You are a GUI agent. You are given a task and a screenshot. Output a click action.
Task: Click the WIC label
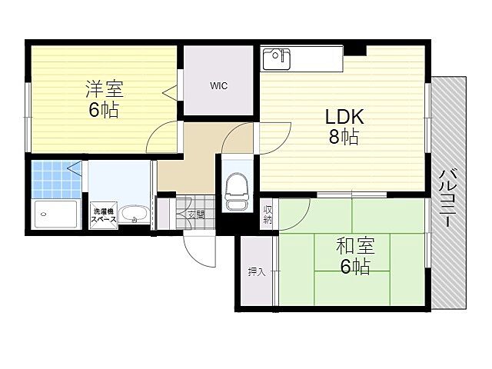(218, 86)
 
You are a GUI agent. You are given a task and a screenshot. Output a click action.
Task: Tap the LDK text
(344, 118)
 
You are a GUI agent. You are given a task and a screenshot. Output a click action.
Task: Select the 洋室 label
(104, 88)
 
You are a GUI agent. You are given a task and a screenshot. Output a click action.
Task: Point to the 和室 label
(355, 247)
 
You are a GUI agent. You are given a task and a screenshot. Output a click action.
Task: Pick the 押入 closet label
(256, 271)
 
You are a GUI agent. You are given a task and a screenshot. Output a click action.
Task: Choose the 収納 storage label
(268, 214)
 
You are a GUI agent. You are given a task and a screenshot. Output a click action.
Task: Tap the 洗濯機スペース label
(104, 215)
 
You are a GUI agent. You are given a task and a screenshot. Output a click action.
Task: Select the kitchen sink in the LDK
(278, 58)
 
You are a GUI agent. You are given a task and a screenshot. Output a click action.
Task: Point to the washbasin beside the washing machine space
(136, 214)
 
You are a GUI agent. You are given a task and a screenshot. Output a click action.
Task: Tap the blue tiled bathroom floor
(55, 178)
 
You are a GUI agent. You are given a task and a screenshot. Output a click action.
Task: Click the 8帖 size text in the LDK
(344, 138)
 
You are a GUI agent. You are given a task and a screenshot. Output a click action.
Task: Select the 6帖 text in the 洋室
(103, 110)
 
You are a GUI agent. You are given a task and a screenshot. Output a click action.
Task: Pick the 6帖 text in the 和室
(355, 268)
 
